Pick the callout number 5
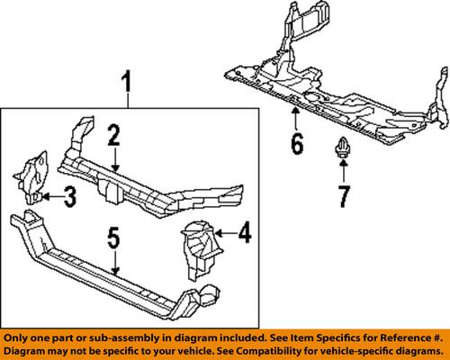pyautogui.click(x=113, y=238)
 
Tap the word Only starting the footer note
pyautogui.click(x=18, y=333)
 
